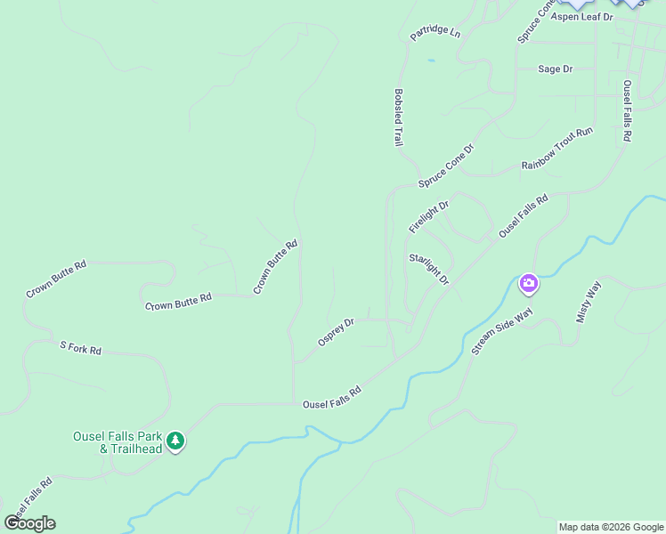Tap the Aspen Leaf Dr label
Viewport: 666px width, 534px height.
coord(582,17)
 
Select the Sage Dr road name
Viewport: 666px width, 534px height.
coord(556,69)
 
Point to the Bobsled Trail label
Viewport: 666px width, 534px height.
coord(398,117)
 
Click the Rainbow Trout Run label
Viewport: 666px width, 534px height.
coord(557,149)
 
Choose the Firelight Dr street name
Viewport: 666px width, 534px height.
coord(429,217)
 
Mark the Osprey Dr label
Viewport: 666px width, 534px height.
coord(337,333)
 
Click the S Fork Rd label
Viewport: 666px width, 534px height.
coord(80,348)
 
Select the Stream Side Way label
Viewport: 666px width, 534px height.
coord(502,332)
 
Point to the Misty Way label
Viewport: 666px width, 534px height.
coord(589,301)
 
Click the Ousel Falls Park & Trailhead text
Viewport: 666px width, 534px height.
coord(118,442)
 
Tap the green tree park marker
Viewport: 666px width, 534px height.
coord(176,441)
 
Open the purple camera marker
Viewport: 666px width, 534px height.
coord(529,284)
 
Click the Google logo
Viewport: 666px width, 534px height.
coord(29,523)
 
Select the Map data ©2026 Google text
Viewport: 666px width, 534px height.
coord(611,527)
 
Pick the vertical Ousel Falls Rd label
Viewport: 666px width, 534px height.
coord(627,111)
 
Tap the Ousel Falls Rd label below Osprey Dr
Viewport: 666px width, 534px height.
coord(331,398)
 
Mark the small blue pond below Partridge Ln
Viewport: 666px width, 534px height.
coord(432,61)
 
